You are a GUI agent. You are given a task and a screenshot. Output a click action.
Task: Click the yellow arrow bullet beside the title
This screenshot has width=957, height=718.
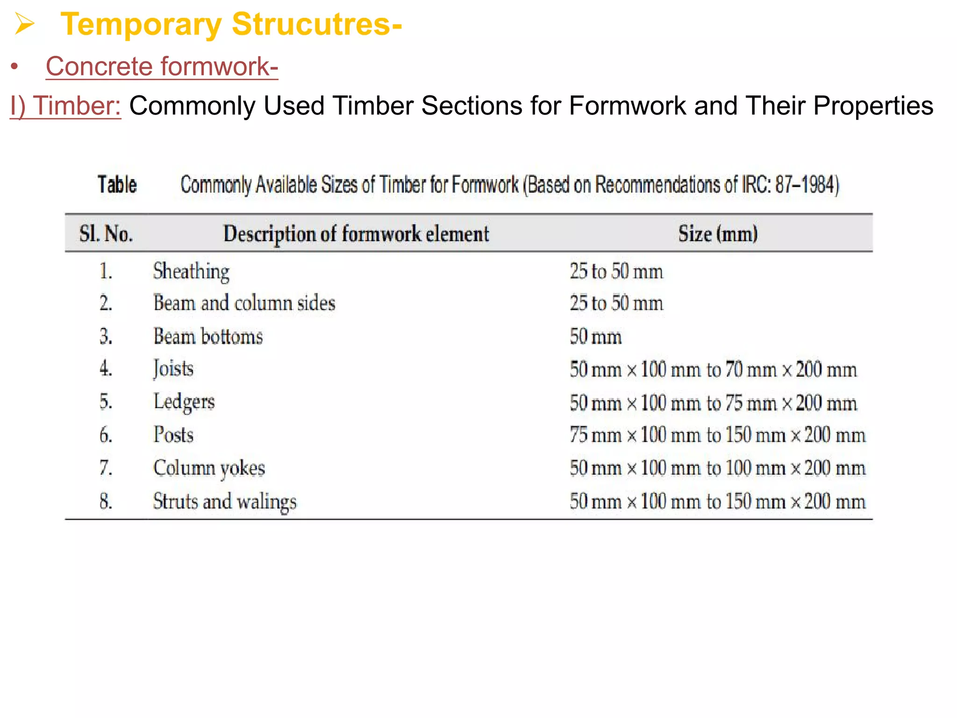pyautogui.click(x=24, y=24)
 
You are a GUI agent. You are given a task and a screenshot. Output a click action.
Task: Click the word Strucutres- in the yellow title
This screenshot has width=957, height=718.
pyautogui.click(x=317, y=24)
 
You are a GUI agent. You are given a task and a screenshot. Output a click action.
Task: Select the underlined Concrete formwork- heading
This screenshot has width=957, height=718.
pyautogui.click(x=162, y=66)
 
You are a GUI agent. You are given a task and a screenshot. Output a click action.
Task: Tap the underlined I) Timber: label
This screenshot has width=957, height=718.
pyautogui.click(x=65, y=106)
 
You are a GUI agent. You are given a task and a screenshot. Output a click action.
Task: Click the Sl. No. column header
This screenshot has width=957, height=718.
pyautogui.click(x=106, y=233)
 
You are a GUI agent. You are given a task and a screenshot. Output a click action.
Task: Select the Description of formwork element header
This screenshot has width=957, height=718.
pyautogui.click(x=356, y=234)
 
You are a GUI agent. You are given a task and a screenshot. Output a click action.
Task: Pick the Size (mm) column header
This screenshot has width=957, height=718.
pyautogui.click(x=718, y=233)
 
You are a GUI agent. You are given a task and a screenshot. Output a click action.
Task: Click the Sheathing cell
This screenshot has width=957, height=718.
pyautogui.click(x=192, y=272)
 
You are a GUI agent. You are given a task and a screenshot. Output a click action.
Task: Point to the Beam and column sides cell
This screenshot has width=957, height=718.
pyautogui.click(x=244, y=303)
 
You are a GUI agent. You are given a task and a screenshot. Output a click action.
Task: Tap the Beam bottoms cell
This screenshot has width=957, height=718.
pyautogui.click(x=208, y=337)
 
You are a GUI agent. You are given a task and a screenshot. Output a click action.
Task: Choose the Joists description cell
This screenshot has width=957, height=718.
pyautogui.click(x=173, y=369)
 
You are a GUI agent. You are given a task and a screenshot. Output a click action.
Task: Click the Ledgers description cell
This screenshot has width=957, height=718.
pyautogui.click(x=184, y=402)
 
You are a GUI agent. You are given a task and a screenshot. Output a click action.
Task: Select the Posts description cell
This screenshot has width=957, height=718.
pyautogui.click(x=173, y=435)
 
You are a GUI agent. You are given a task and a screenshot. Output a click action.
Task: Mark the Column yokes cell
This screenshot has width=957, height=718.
pyautogui.click(x=209, y=468)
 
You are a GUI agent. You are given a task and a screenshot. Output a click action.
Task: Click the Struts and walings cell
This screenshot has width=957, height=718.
pyautogui.click(x=225, y=502)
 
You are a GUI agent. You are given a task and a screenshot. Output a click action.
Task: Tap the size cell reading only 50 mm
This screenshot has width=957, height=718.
pyautogui.click(x=595, y=337)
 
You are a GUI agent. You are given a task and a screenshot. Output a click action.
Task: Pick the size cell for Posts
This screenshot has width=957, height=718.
pyautogui.click(x=717, y=435)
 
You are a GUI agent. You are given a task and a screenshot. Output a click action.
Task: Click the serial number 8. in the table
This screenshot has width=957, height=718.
pyautogui.click(x=106, y=502)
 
